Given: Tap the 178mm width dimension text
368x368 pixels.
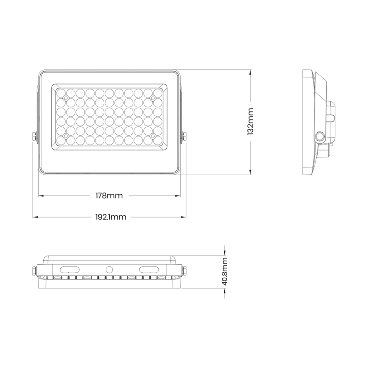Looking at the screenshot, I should click(x=109, y=196).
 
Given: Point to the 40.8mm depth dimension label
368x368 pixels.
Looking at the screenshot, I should click(x=225, y=271).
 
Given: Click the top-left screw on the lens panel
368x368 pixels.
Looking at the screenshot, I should click(x=66, y=98).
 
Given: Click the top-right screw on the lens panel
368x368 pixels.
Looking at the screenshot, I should click(x=153, y=98).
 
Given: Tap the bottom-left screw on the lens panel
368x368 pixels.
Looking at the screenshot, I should click(x=66, y=137).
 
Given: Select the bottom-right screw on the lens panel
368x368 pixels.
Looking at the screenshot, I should click(x=153, y=137).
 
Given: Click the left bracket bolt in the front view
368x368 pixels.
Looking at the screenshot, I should click(x=34, y=137).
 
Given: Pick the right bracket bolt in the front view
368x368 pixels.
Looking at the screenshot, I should click(x=184, y=137).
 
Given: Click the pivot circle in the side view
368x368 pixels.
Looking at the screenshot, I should click(x=319, y=136).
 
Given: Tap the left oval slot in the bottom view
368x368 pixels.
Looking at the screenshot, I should click(x=70, y=268).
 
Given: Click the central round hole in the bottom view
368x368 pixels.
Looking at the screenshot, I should click(x=110, y=269).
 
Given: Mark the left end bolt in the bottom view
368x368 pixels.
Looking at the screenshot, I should click(x=34, y=270).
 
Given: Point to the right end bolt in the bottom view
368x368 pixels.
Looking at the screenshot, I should click(x=184, y=270).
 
